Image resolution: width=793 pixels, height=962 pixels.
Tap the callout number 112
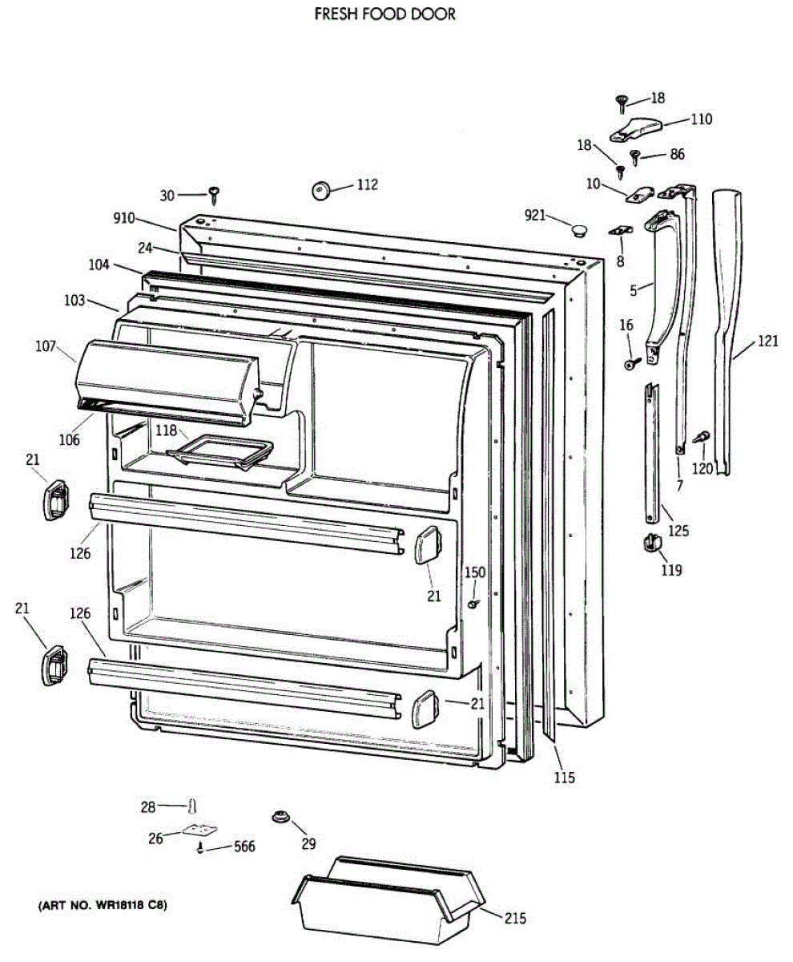367,185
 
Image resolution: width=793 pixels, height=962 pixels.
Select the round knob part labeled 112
323,190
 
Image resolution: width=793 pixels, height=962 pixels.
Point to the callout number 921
535,215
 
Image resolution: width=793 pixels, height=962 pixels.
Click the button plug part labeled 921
578,231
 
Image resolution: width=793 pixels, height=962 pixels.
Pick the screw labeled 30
214,192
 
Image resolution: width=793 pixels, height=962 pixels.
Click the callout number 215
516,919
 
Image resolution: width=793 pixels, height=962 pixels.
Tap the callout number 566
244,847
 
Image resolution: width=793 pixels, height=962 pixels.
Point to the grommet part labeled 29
280,817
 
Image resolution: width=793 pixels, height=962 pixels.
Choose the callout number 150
476,572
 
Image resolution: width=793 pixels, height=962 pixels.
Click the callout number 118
166,430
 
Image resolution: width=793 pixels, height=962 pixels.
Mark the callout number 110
701,120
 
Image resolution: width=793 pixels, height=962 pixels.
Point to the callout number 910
124,217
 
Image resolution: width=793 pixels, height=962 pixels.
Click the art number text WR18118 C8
103,906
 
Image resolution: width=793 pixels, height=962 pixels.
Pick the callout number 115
564,777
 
